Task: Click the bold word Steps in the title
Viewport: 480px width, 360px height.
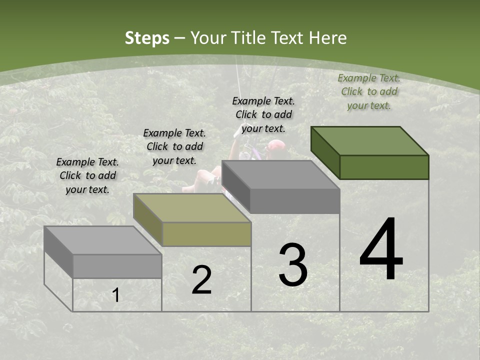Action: (146, 38)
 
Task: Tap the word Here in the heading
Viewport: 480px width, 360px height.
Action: (328, 38)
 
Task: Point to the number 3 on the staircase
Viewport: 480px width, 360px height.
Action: (293, 265)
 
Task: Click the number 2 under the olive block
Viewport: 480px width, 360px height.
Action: (201, 280)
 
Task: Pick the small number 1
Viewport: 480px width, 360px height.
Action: (115, 295)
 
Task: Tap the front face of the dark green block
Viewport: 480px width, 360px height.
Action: (384, 167)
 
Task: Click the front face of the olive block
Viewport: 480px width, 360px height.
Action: (206, 234)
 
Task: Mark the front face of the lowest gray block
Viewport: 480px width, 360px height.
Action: (117, 266)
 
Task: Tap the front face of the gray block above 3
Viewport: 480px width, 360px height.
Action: (295, 201)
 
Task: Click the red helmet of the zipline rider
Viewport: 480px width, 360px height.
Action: (276, 145)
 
